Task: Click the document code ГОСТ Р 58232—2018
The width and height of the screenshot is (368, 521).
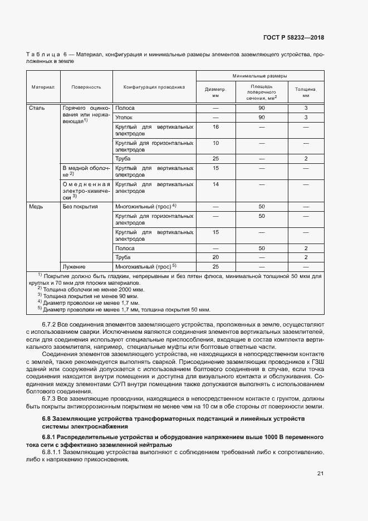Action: [293, 38]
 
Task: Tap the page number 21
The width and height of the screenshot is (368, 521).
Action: [320, 474]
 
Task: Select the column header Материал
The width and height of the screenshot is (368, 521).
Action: [43, 87]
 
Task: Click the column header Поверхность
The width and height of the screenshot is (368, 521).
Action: [86, 87]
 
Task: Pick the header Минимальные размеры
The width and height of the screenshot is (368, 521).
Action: [260, 75]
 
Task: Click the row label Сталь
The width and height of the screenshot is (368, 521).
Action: [37, 108]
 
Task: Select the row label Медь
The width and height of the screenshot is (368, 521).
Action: [36, 206]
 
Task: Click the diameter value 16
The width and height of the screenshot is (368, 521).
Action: [215, 127]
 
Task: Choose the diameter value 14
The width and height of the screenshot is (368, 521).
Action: [215, 183]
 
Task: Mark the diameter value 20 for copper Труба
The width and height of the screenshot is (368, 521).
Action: [215, 257]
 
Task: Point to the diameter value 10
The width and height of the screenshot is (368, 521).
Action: [215, 143]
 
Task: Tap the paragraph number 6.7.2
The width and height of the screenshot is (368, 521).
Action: [51, 324]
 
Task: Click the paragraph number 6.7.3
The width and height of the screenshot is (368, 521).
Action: [51, 398]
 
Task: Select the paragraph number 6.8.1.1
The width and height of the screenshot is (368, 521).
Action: [53, 452]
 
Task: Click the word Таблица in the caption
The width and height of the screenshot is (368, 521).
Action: [42, 55]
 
